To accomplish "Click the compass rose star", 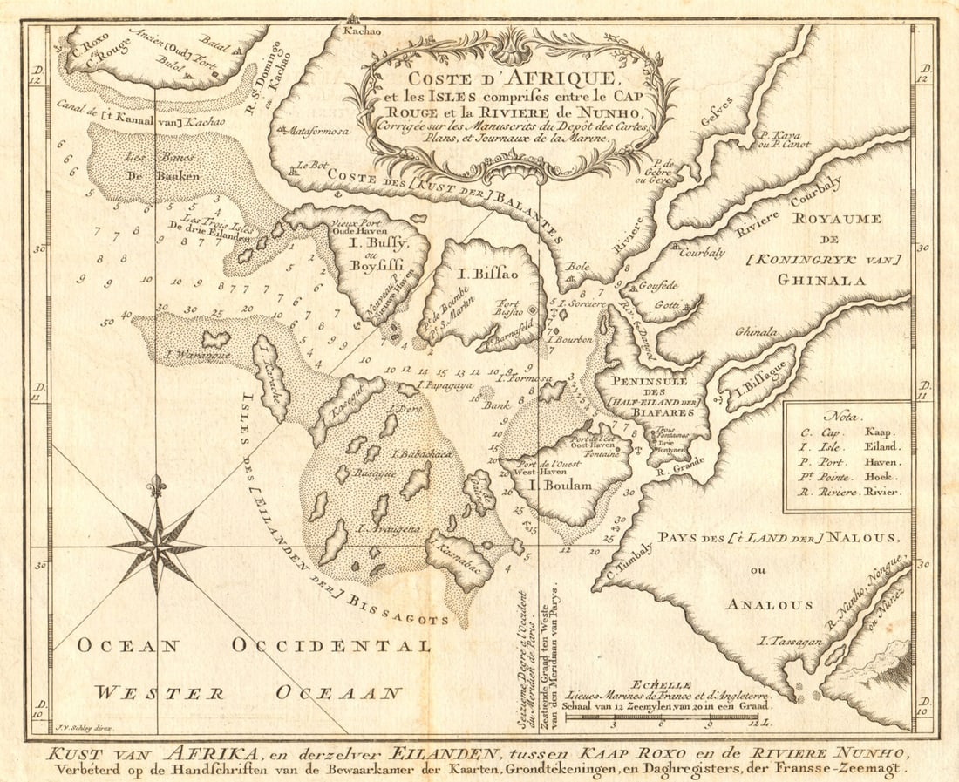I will [157, 547].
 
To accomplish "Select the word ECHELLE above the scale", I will [663, 685].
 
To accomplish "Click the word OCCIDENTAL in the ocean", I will [331, 646].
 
